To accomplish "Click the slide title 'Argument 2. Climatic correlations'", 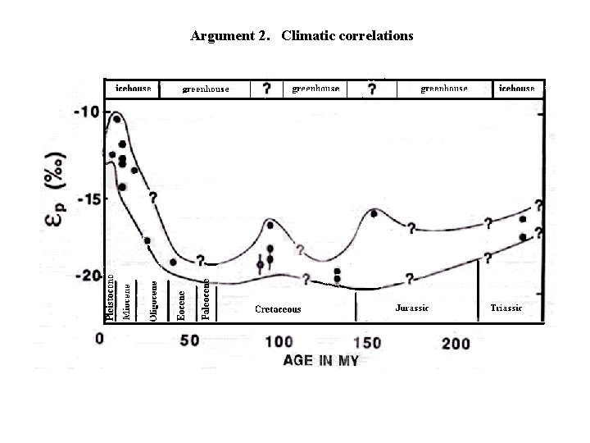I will tap(302, 36).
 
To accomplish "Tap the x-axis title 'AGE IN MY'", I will tap(320, 360).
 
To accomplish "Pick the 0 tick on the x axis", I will tap(99, 340).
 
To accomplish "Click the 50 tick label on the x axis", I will tap(189, 340).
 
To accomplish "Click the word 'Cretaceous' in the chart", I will tap(278, 309).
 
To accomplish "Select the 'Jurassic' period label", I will tap(411, 308).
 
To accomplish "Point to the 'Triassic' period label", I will tap(506, 308).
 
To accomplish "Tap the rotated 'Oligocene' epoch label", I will tap(154, 300).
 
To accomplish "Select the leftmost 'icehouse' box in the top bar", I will tap(132, 88).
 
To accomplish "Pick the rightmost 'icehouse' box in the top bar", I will tap(516, 88).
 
